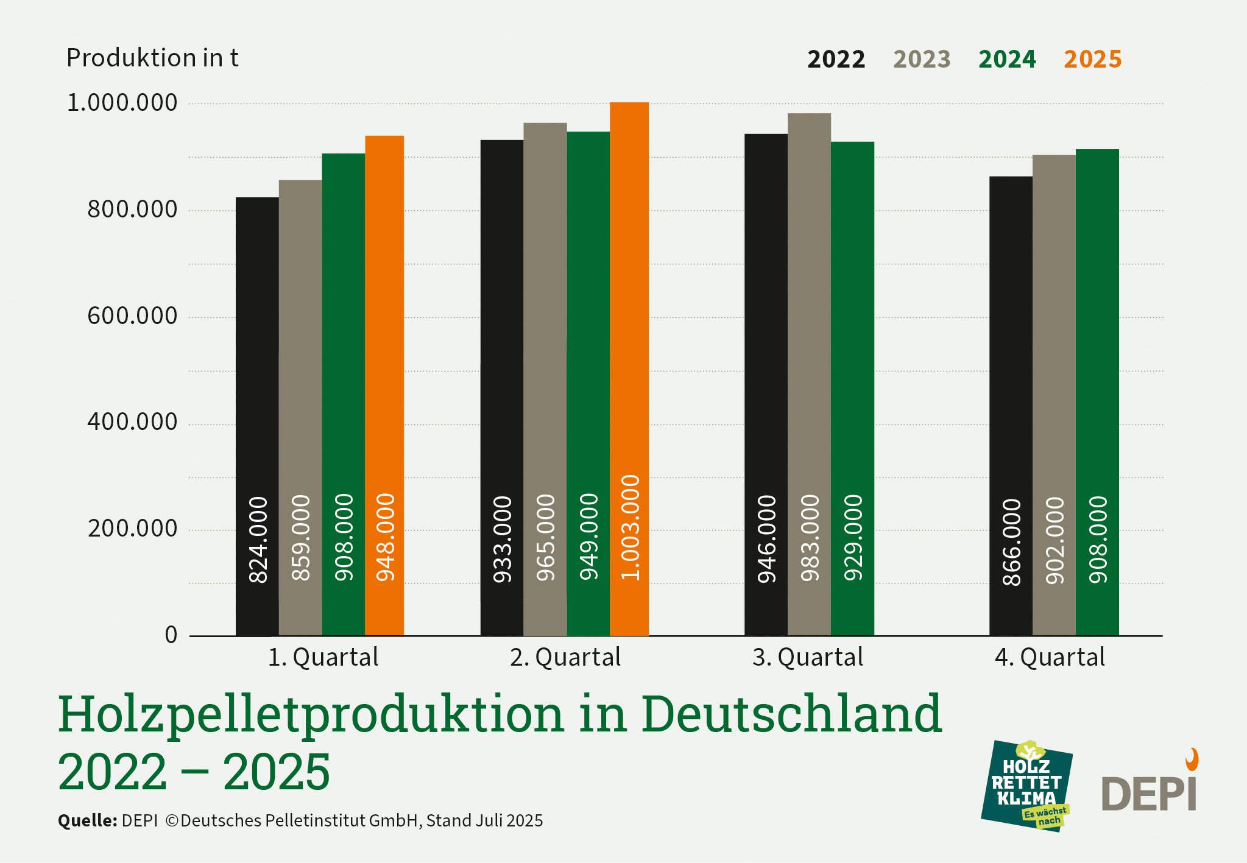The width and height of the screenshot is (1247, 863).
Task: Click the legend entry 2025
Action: (x=1092, y=60)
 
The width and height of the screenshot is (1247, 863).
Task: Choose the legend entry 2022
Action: (x=836, y=60)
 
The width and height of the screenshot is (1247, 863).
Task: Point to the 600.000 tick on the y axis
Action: (x=132, y=316)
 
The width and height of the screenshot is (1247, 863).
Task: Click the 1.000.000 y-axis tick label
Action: (x=122, y=103)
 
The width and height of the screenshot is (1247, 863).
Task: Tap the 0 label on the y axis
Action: (x=171, y=635)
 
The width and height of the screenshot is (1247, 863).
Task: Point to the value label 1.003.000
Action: (x=631, y=527)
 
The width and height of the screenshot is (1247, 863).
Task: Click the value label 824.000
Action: (x=258, y=540)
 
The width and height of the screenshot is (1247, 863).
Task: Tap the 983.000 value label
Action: (x=810, y=538)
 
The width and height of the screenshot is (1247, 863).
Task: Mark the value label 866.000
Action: (x=1011, y=542)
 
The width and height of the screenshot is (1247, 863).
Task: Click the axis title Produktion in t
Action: (x=152, y=58)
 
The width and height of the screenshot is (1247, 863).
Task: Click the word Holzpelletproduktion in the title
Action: (x=311, y=714)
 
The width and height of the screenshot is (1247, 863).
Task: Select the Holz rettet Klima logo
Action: (x=1026, y=786)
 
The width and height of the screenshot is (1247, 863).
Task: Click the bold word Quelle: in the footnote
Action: (x=87, y=821)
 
